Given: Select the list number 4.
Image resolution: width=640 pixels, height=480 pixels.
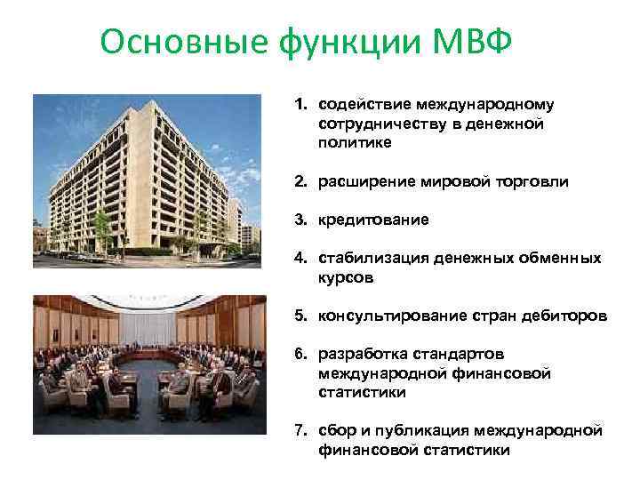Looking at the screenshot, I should point(300,259).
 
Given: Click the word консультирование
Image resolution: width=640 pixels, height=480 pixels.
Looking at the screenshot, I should point(388,317).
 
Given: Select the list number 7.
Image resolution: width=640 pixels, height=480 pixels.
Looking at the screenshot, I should point(300,432).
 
